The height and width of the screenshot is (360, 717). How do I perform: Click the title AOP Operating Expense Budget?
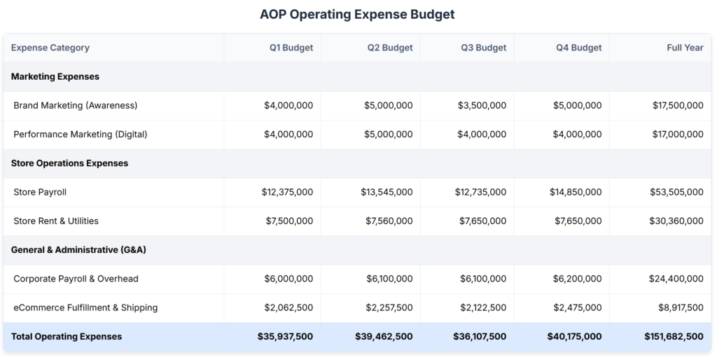coord(357,14)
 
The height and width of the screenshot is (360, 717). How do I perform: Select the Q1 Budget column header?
coord(291,48)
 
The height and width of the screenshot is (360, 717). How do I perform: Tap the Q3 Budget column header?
coord(483,48)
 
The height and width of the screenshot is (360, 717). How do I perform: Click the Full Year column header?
coord(685,48)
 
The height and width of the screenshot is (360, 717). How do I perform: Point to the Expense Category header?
coord(50,48)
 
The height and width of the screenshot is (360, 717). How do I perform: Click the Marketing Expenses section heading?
coord(55,76)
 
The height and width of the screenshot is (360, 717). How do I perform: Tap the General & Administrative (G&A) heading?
coord(78,249)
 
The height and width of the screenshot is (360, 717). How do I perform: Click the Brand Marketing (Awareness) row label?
coord(76,105)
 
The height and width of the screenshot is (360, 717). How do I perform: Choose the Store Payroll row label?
coord(40,192)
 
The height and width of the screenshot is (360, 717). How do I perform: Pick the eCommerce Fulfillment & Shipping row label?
coord(85,307)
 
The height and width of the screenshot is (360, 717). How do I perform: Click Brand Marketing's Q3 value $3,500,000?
coord(482,105)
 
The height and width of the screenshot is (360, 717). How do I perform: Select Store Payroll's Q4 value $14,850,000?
coord(575,192)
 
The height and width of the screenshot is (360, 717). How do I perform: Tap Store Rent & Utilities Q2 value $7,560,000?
coord(389,221)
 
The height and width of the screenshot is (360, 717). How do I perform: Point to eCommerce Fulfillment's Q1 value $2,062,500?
coord(288,307)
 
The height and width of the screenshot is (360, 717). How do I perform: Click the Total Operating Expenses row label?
coord(67,336)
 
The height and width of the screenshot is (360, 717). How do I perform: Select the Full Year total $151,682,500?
coord(674,336)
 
